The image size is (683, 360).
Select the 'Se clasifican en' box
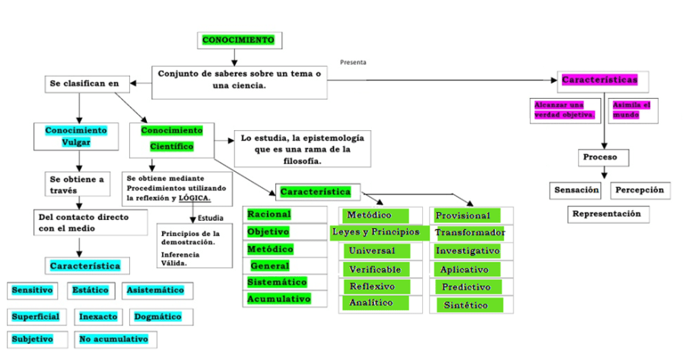(87, 84)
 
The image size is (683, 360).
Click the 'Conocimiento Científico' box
(172, 138)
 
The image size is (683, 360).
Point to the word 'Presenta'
(353, 62)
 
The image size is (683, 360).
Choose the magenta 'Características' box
(599, 80)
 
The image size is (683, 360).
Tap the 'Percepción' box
(640, 190)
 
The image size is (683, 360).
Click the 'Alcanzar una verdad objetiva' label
(564, 110)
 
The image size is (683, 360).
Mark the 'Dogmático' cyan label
(157, 316)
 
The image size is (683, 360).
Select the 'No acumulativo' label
(113, 339)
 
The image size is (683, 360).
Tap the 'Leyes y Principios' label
(376, 231)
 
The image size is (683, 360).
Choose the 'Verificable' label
(375, 269)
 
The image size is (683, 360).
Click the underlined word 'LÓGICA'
(194, 199)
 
